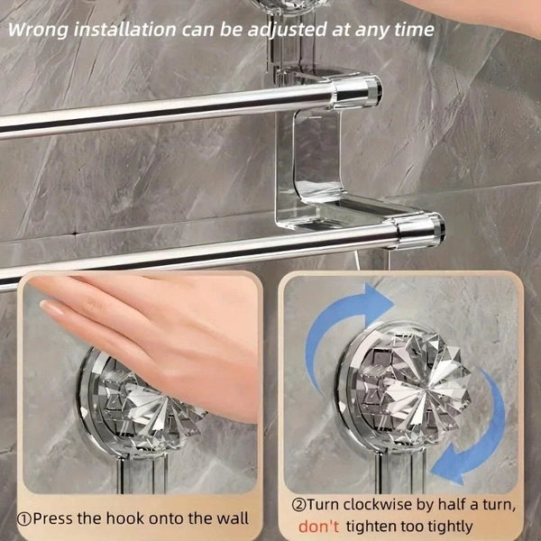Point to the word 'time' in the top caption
tap(414, 28)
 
